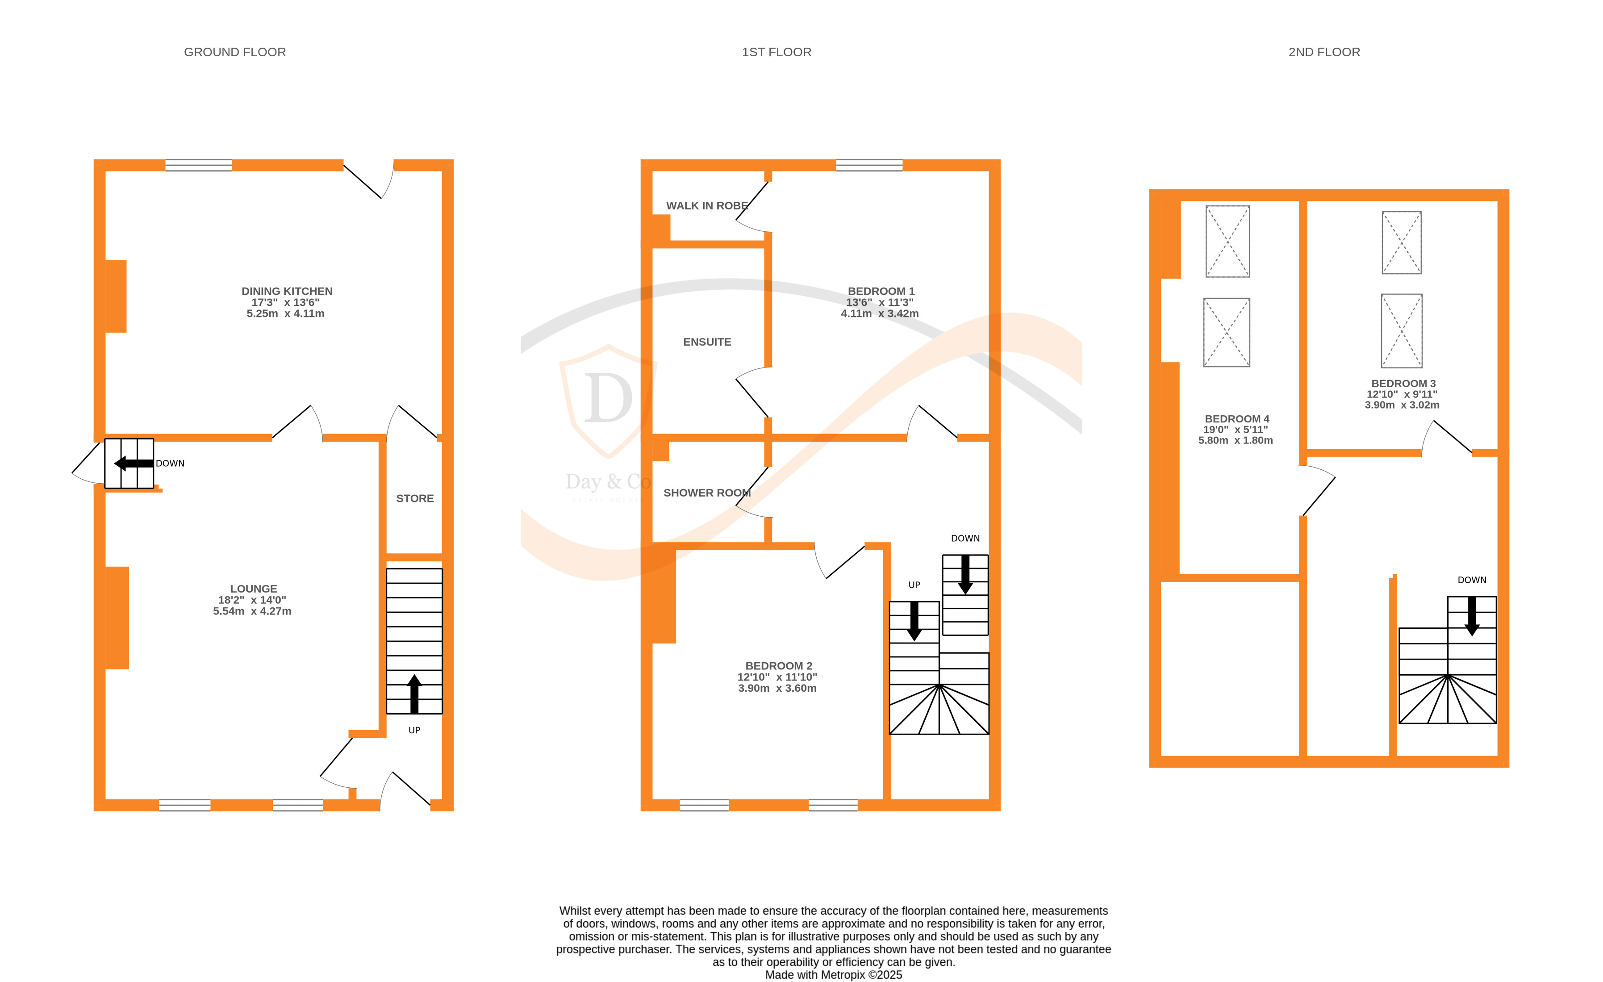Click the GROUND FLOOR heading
tap(235, 52)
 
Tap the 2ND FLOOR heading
tap(1324, 52)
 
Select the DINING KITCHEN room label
tap(287, 291)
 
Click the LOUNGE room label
tap(253, 588)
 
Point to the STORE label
tap(415, 498)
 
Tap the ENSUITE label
tap(707, 342)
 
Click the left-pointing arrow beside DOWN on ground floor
tap(134, 464)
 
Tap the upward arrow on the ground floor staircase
tap(414, 694)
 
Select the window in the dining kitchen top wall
tap(198, 165)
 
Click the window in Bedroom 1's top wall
tap(869, 165)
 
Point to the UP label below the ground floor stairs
tap(414, 730)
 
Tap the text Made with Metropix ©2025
tap(833, 975)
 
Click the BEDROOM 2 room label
tap(779, 666)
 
